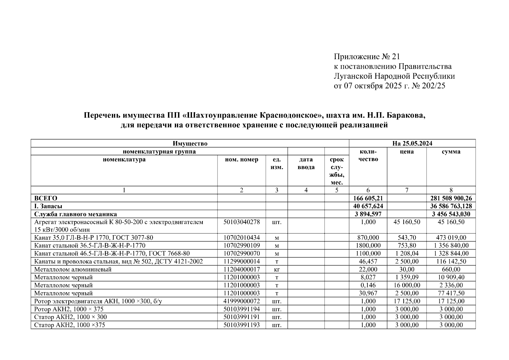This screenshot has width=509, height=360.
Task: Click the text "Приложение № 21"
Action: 367,57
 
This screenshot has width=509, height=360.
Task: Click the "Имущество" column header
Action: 190,143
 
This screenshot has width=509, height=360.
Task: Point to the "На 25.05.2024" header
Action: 412,143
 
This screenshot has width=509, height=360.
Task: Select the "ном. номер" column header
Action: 241,160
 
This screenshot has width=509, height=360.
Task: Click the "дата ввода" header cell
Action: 306,163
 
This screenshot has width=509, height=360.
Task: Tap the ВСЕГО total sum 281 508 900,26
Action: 451,198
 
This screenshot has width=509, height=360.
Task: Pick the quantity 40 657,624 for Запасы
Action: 368,206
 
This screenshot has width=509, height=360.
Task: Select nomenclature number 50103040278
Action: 241,222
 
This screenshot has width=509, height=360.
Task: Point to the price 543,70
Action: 406,238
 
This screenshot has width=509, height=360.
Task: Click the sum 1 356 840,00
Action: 451,246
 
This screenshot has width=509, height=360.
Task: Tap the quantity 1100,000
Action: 368,253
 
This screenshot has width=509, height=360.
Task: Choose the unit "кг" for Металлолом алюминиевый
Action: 277,269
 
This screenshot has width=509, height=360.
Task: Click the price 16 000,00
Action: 406,285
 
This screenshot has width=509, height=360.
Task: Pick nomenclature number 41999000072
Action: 241,301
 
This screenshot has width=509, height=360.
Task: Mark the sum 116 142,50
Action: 451,262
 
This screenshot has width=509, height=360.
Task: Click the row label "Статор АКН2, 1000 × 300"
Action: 70,317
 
